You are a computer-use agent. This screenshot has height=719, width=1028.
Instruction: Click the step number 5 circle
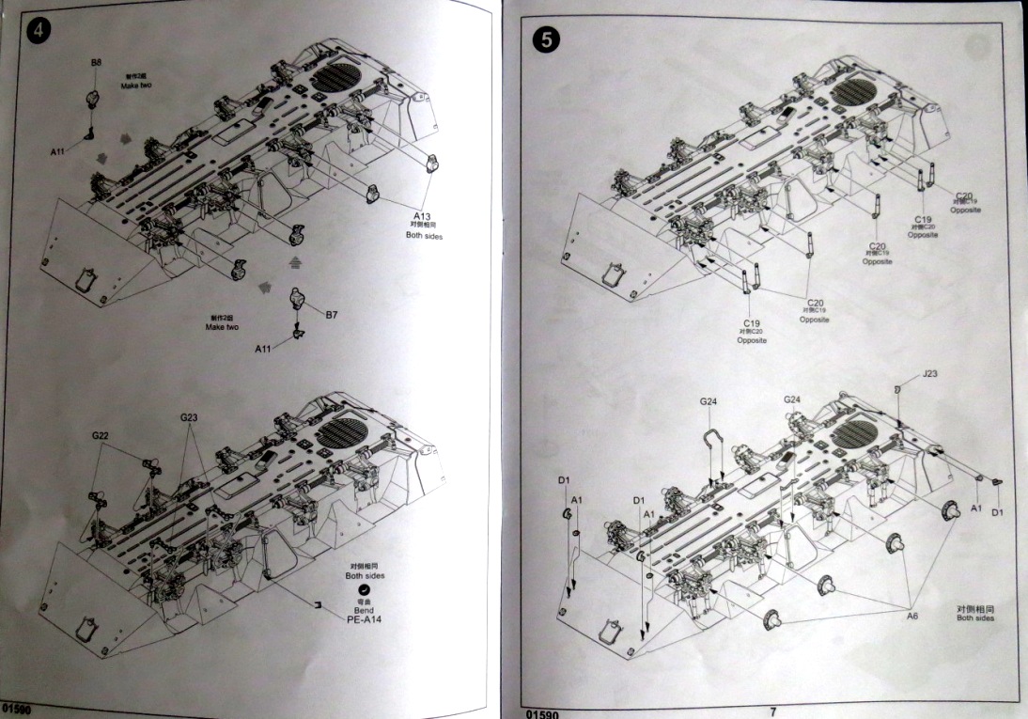coord(545,40)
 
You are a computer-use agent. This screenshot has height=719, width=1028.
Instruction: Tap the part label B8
coord(96,63)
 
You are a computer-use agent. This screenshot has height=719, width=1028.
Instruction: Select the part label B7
coord(332,315)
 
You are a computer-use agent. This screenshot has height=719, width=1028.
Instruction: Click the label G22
coord(101,435)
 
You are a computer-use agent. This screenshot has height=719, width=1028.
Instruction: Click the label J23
coord(930,374)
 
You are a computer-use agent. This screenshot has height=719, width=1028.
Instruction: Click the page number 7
coord(772,711)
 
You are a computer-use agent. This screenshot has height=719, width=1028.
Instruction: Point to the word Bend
coord(364,610)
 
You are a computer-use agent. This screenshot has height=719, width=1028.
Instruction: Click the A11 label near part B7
coord(264,349)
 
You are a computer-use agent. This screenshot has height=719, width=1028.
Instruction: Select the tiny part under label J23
coord(897,388)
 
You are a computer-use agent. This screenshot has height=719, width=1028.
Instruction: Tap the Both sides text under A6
coord(978,618)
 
